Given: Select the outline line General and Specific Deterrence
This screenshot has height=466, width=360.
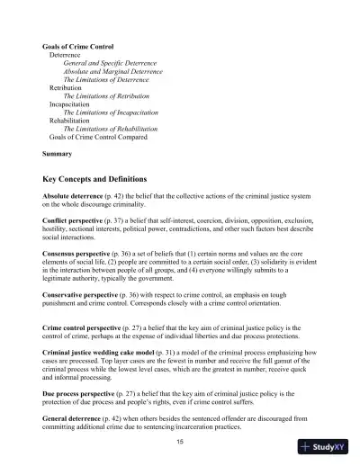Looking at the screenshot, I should click(x=109, y=63).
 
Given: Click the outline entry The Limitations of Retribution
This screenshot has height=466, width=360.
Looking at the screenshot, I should click(x=106, y=95).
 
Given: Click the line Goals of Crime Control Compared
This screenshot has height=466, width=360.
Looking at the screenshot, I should click(x=98, y=137).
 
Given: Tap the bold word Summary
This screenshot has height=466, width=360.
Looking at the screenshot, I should click(x=58, y=155).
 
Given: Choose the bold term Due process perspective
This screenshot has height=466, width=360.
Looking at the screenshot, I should click(x=82, y=392).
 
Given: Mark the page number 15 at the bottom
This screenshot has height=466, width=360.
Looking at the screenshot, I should click(x=180, y=442).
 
